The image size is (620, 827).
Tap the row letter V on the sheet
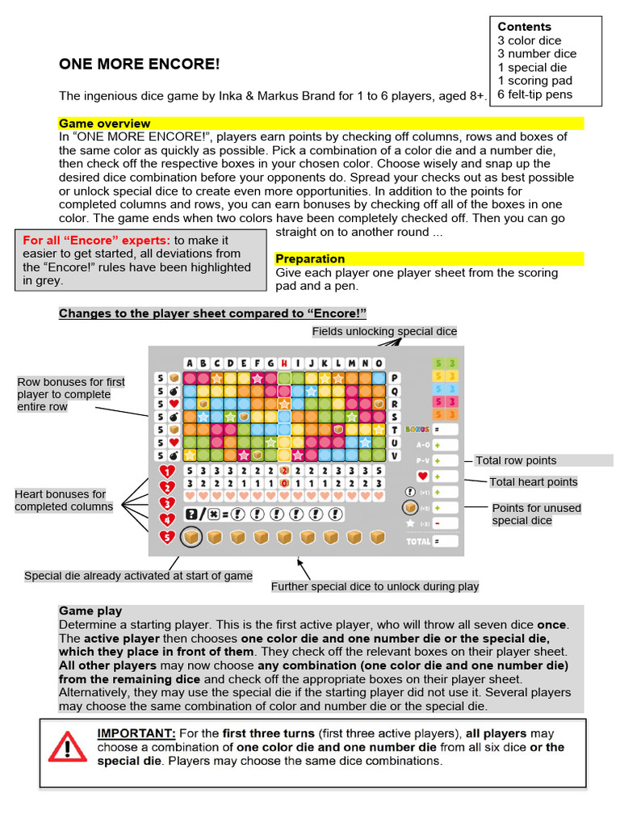[395, 455]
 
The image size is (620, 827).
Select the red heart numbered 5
[167, 536]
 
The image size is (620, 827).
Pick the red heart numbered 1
[167, 472]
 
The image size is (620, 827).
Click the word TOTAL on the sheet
[419, 540]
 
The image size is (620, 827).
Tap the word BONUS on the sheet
[417, 430]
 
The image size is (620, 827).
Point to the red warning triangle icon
[67, 747]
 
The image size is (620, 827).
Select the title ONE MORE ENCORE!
[139, 65]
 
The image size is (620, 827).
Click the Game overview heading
[104, 124]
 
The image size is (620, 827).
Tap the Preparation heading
[310, 259]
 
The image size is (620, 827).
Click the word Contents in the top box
[524, 27]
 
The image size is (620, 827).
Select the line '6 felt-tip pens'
[534, 94]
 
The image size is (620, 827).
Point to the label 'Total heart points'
[534, 482]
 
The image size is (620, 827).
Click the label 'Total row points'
[516, 460]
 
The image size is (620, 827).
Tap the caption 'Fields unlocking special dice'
[384, 332]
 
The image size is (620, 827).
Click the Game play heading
[90, 611]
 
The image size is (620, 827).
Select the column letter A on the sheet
[190, 363]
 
